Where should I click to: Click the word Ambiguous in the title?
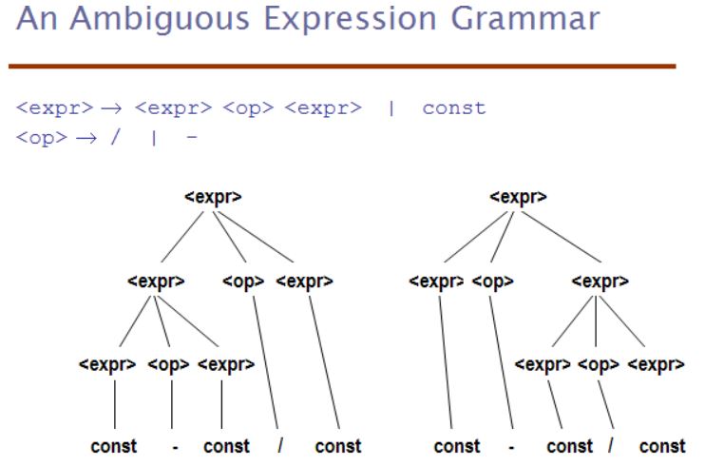160,19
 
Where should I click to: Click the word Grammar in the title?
525,19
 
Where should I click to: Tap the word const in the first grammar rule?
454,108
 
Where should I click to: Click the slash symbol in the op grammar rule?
115,136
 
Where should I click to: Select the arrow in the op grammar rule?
86,137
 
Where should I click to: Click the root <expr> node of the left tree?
213,197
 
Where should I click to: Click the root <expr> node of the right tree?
518,197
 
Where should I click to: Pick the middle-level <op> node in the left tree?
243,281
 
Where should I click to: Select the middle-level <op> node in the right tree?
493,281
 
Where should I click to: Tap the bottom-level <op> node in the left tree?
168,364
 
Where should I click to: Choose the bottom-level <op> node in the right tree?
599,364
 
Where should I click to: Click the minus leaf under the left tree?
176,448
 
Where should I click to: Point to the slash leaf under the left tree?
280,446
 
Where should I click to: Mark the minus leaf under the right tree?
511,448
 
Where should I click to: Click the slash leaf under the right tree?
611,446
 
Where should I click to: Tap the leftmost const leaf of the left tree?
114,447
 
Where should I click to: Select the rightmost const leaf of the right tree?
663,447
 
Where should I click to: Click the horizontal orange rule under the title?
342,67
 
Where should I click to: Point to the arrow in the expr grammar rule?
111,108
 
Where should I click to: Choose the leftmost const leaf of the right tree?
457,447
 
